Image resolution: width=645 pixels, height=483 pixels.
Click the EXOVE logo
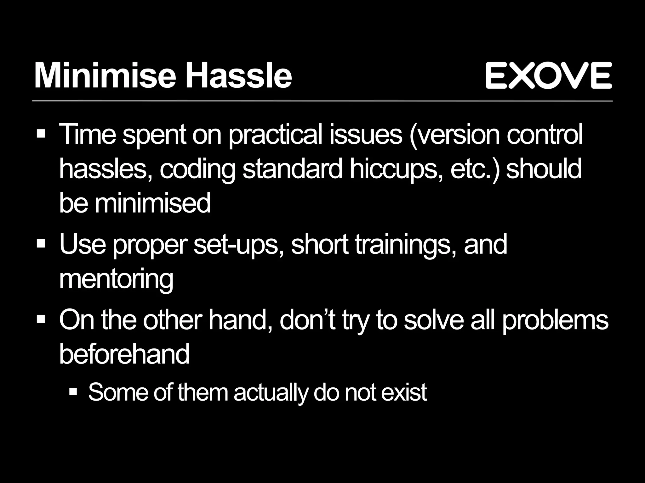point(548,75)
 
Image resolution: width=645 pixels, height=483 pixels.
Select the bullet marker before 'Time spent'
point(41,134)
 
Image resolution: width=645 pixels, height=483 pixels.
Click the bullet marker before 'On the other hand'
point(41,319)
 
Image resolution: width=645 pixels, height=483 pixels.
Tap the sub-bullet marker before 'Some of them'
point(73,391)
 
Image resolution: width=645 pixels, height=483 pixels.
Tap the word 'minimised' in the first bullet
point(152,203)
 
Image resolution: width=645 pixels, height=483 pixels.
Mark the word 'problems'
point(555,320)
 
